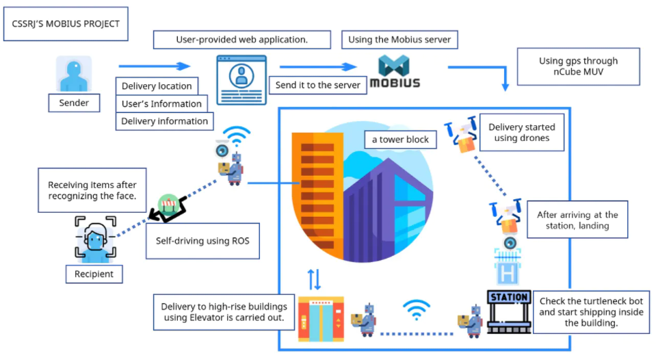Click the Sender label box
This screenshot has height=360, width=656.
click(x=73, y=103)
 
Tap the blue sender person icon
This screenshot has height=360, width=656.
click(x=73, y=74)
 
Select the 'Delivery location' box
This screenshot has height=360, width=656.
click(x=157, y=86)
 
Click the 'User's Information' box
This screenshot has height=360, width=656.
click(x=161, y=104)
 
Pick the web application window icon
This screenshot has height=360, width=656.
click(x=241, y=79)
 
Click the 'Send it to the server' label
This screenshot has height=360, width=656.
click(x=317, y=86)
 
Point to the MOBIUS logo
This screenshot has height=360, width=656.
click(x=395, y=73)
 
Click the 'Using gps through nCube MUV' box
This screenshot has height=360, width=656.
click(x=578, y=66)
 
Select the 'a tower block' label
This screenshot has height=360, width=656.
click(x=400, y=140)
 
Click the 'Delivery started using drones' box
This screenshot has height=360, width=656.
click(x=522, y=133)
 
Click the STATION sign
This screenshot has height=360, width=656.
click(x=509, y=298)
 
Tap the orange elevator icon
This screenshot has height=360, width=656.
click(x=320, y=319)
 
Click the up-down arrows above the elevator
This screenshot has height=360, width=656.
click(x=313, y=279)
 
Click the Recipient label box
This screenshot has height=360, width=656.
click(x=94, y=274)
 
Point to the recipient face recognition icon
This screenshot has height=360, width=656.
click(x=94, y=237)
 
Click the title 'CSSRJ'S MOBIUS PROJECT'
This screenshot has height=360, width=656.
click(x=66, y=24)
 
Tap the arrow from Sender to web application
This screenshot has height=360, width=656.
click(x=154, y=66)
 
